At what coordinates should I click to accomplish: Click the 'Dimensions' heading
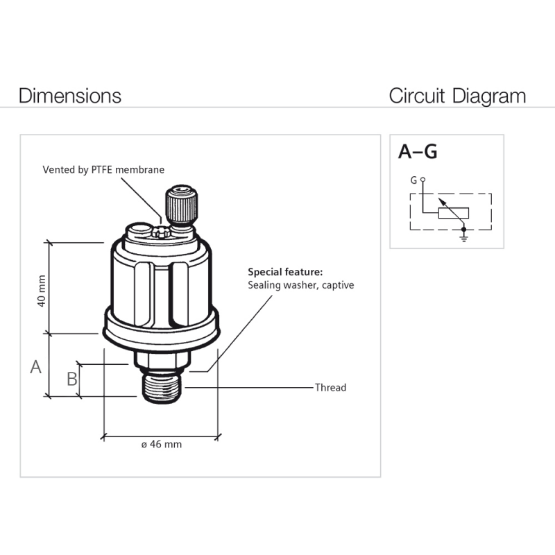click(x=70, y=95)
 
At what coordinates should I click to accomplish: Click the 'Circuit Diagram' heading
click(x=457, y=95)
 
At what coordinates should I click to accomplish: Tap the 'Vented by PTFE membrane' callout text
click(x=104, y=169)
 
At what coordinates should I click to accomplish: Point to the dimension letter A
click(x=36, y=366)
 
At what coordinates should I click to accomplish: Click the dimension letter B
click(x=71, y=379)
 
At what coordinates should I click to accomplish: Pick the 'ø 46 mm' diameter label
click(x=161, y=444)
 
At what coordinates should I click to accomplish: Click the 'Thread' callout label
click(x=330, y=387)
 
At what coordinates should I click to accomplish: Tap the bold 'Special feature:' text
click(x=285, y=272)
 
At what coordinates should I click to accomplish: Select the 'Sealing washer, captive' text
click(x=300, y=285)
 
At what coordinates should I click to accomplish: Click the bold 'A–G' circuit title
click(x=418, y=151)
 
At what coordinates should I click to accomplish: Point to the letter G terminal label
click(x=413, y=180)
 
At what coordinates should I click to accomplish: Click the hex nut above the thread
click(x=162, y=360)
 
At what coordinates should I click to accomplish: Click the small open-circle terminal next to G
click(x=422, y=180)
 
